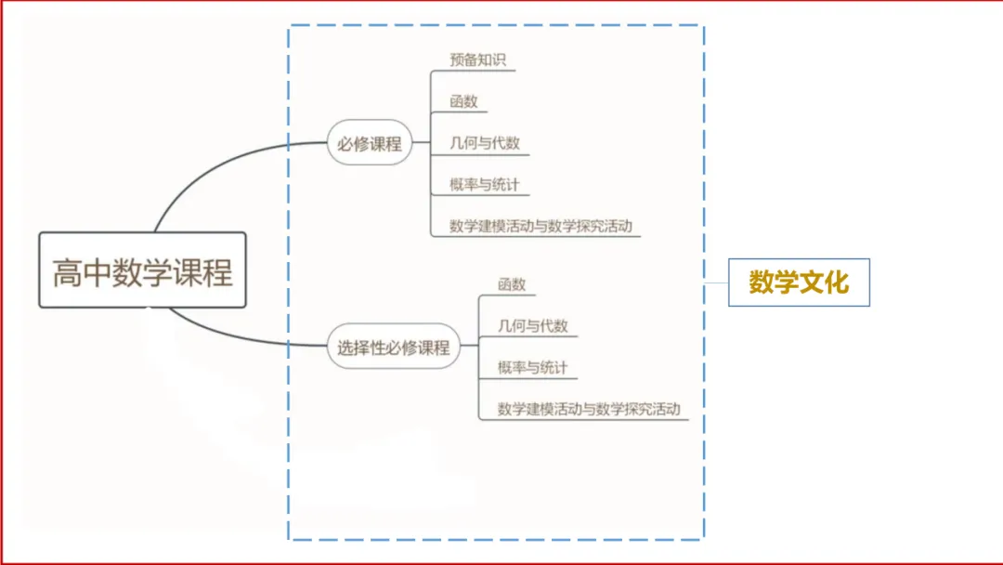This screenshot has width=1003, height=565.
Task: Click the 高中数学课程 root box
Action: click(x=143, y=270)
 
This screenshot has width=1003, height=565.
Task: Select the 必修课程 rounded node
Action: click(x=369, y=143)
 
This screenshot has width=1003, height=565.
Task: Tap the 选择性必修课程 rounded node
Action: click(x=394, y=347)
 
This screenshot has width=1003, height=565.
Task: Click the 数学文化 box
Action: click(x=799, y=282)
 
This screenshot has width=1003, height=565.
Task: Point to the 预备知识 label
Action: click(x=478, y=60)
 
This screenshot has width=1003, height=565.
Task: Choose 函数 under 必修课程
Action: click(x=463, y=101)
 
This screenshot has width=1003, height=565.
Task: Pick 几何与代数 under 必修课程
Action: click(x=485, y=143)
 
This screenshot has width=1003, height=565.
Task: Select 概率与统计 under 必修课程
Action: click(x=484, y=184)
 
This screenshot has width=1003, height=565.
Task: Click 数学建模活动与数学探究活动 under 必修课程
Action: click(x=541, y=226)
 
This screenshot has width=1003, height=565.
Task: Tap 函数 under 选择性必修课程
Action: click(x=512, y=284)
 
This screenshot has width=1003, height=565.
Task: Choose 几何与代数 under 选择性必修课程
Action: click(x=533, y=325)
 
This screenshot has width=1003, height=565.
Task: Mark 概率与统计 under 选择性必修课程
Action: click(x=532, y=367)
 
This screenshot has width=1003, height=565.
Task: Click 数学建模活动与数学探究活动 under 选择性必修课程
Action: click(x=589, y=409)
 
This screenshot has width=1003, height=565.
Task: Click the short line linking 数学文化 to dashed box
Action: click(x=716, y=282)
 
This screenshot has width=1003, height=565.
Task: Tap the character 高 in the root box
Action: click(x=67, y=272)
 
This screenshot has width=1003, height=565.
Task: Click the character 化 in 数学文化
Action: click(x=837, y=282)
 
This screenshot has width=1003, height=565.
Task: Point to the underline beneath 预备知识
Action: click(x=474, y=71)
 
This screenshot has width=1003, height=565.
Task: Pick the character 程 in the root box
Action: click(x=217, y=272)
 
